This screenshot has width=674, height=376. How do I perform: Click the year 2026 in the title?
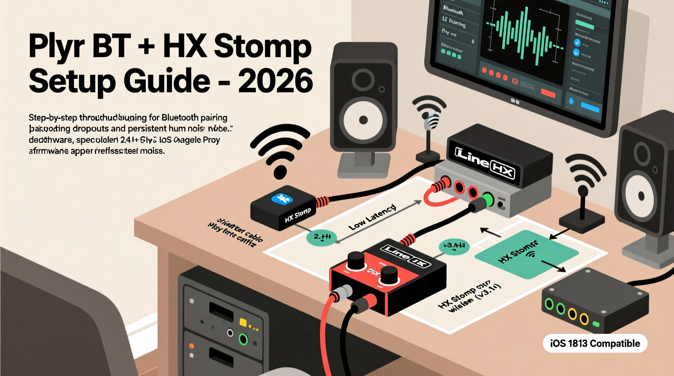[275, 81]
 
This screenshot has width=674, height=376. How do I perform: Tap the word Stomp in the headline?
[262, 47]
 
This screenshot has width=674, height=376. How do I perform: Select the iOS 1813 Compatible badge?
[595, 344]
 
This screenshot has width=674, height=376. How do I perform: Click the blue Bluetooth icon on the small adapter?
[282, 199]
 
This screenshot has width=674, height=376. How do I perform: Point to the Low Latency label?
[372, 218]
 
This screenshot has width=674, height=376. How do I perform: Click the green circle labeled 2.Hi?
[322, 238]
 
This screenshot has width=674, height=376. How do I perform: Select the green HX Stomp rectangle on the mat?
[526, 254]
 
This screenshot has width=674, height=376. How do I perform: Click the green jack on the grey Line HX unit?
[488, 200]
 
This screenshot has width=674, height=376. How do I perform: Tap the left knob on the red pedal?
[356, 260]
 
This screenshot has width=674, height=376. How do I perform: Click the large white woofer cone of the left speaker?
[363, 120]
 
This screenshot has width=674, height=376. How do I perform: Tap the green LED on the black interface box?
[596, 324]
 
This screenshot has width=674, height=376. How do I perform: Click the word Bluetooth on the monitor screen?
[453, 10]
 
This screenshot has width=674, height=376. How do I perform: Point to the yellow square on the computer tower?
[243, 323]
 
